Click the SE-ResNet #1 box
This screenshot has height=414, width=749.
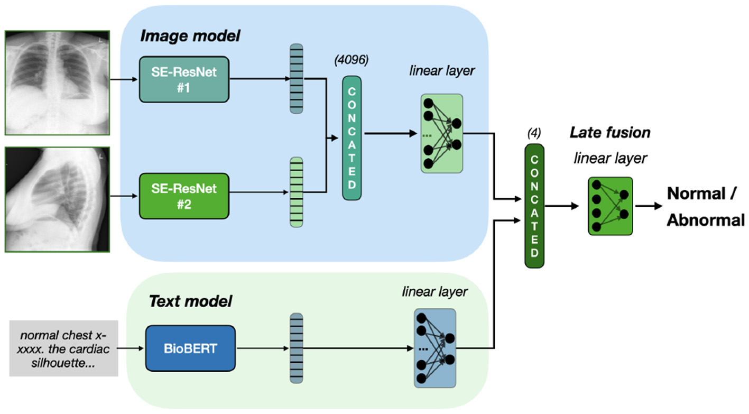184,79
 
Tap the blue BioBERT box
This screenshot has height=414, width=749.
190,348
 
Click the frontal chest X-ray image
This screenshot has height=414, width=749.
57,81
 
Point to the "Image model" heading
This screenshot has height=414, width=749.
190,36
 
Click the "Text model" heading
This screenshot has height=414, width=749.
190,301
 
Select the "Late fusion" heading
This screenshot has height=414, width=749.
610,132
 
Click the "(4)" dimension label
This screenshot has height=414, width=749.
534,132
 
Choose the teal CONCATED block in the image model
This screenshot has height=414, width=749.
352,137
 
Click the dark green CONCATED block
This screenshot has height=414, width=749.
534,206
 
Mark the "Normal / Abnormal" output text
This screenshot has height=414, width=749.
706,206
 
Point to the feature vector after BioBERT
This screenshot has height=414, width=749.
297,347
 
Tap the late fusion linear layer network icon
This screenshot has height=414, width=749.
610,206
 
